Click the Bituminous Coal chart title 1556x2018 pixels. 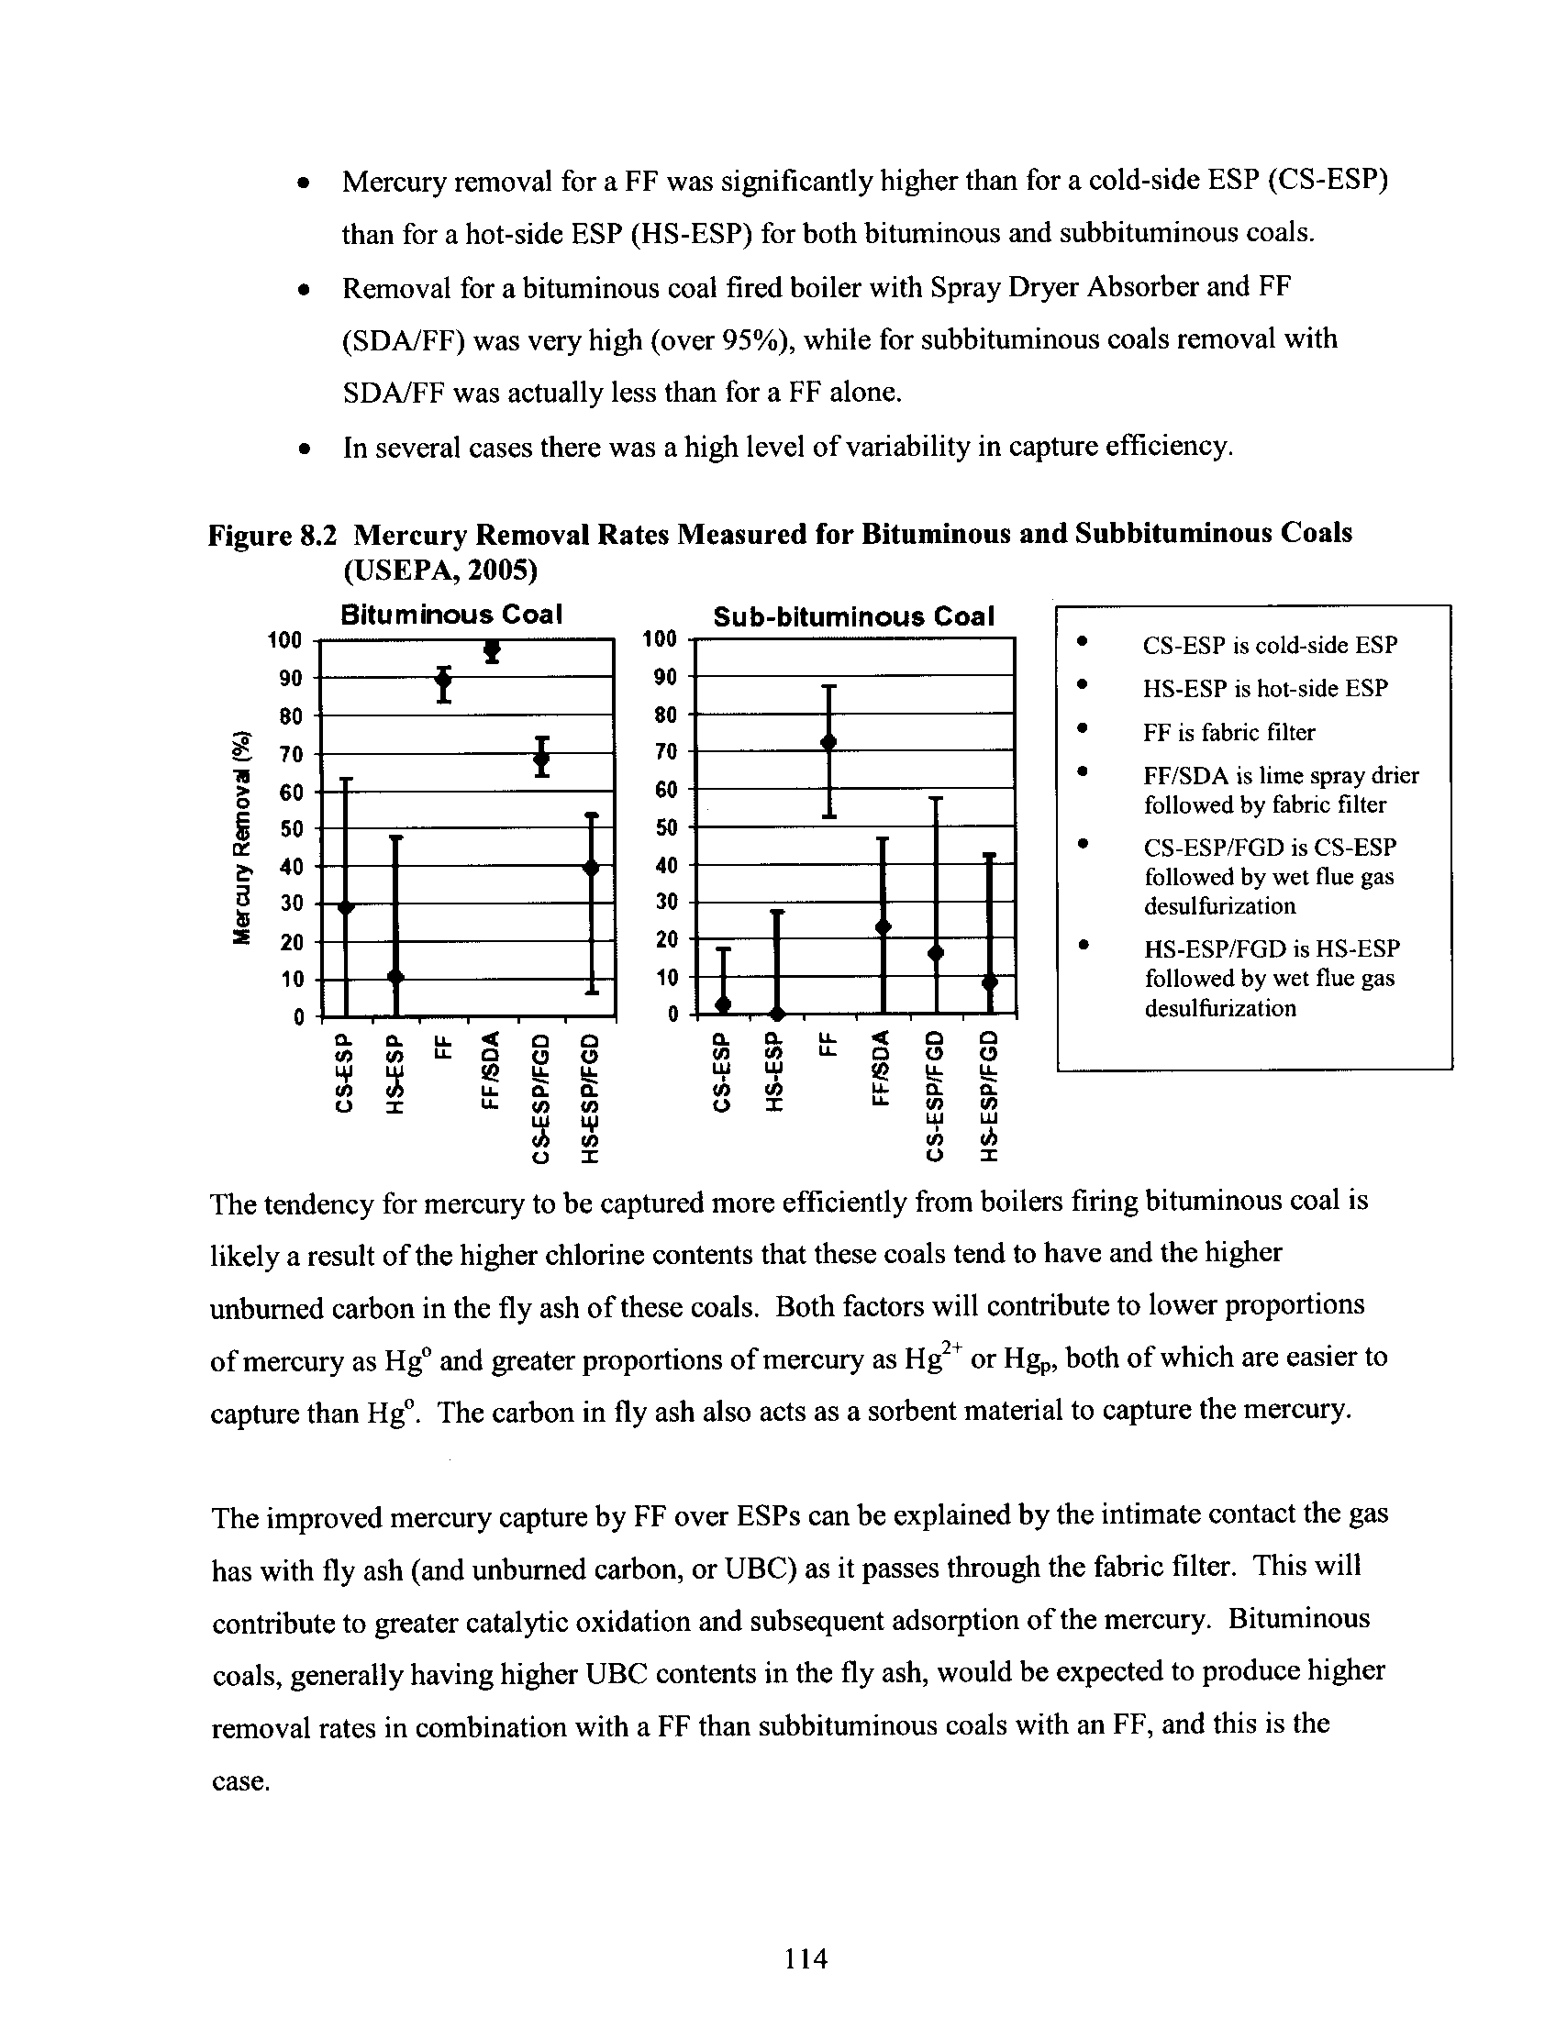pyautogui.click(x=450, y=615)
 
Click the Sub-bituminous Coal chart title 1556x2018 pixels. pyautogui.click(x=854, y=616)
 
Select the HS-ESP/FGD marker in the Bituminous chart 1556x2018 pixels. pyautogui.click(x=592, y=868)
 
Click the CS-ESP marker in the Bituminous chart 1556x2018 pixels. pyautogui.click(x=346, y=907)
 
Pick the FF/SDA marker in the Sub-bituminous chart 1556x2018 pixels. pyautogui.click(x=884, y=926)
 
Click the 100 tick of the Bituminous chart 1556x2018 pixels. pyautogui.click(x=284, y=640)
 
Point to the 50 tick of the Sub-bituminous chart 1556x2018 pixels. pyautogui.click(x=666, y=827)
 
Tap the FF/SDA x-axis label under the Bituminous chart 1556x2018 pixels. pyautogui.click(x=493, y=1070)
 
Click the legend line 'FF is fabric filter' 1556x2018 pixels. pyautogui.click(x=1228, y=733)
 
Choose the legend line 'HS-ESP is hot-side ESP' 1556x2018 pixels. pyautogui.click(x=1265, y=688)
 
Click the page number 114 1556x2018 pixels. pyautogui.click(x=806, y=1957)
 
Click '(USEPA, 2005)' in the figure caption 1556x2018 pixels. pyautogui.click(x=439, y=571)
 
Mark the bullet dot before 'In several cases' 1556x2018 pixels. pyautogui.click(x=303, y=450)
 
